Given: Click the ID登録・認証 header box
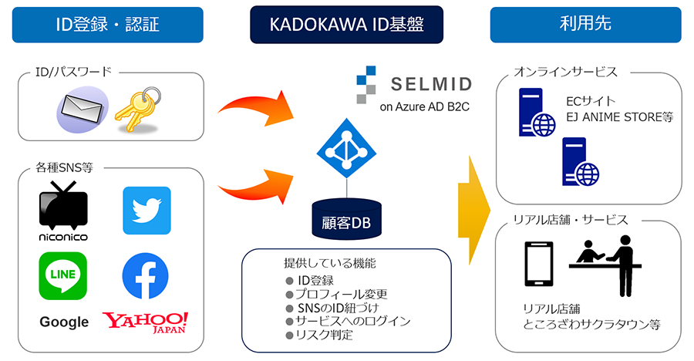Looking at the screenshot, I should click(x=107, y=25).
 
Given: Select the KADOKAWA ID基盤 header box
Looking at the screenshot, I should click(x=346, y=25).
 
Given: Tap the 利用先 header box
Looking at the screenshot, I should click(x=585, y=25).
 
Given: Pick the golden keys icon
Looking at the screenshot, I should click(x=136, y=108).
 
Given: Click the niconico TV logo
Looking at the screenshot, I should click(x=63, y=210).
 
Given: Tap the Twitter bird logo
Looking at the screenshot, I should click(x=147, y=210).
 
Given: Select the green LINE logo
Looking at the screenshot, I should click(x=63, y=275).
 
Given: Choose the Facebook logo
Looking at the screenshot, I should click(x=145, y=275).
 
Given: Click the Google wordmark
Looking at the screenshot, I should click(x=64, y=322).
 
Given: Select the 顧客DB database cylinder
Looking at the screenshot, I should click(x=346, y=219).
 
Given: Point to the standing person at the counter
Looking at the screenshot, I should click(x=622, y=268).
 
